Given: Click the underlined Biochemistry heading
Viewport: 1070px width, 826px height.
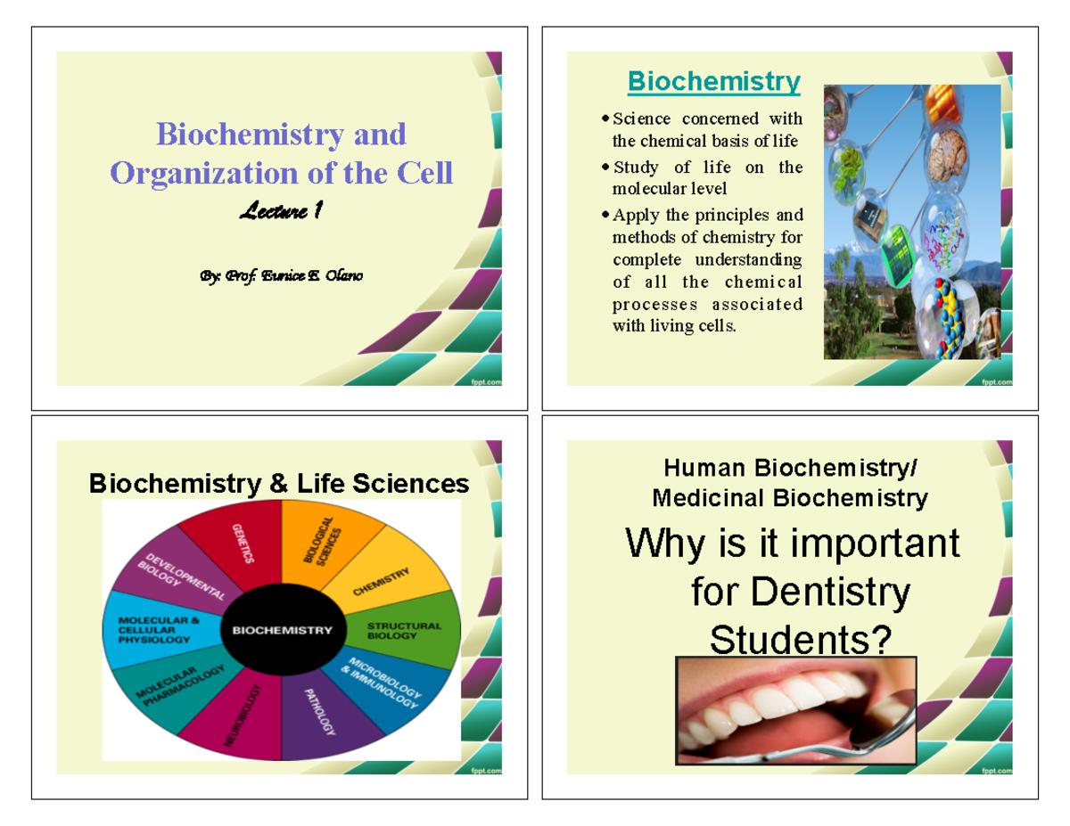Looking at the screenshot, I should click(713, 82).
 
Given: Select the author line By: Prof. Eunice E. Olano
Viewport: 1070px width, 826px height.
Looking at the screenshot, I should click(281, 275).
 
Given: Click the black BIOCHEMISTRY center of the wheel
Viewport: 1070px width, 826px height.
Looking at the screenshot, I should click(282, 630).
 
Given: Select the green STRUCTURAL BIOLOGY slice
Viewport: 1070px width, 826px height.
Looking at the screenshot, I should click(406, 631).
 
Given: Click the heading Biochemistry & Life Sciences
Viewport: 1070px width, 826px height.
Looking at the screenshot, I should click(278, 484).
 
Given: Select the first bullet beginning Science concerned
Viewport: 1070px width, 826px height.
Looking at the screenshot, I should click(706, 129).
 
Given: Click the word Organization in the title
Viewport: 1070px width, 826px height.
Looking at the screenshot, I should click(210, 171).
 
